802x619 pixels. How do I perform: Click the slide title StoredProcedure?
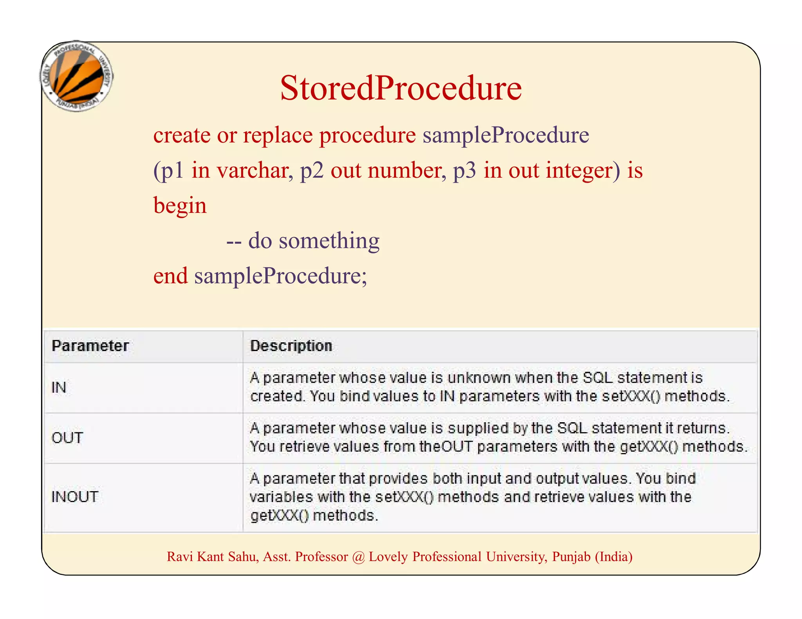click(401, 88)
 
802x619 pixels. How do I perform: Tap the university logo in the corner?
click(77, 76)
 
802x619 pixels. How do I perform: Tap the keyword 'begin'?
click(180, 206)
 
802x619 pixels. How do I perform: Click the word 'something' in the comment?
click(329, 241)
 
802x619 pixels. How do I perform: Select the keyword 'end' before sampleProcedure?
click(170, 276)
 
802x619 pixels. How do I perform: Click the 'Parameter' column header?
click(90, 346)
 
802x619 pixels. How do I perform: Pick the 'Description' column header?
click(291, 346)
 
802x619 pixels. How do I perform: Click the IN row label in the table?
click(59, 387)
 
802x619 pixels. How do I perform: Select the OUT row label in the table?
click(67, 438)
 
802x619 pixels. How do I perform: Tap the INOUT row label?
click(75, 497)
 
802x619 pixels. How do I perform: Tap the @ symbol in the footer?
click(358, 557)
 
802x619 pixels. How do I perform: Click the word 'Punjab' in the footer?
click(571, 557)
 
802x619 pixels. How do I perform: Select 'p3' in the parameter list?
click(464, 171)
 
